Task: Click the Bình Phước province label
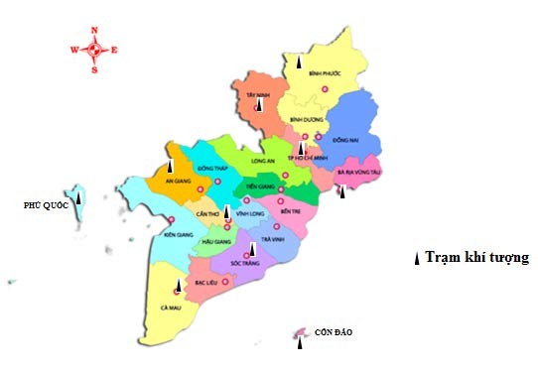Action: tap(325, 73)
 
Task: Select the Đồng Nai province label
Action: tap(344, 140)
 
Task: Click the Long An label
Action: tap(262, 159)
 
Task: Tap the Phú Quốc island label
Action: tap(45, 205)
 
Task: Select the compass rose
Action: tap(94, 49)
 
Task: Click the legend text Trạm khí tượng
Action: tap(475, 258)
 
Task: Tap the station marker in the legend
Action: tap(416, 258)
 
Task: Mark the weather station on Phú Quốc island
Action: tap(78, 198)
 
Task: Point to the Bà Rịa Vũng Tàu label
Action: tap(358, 172)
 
